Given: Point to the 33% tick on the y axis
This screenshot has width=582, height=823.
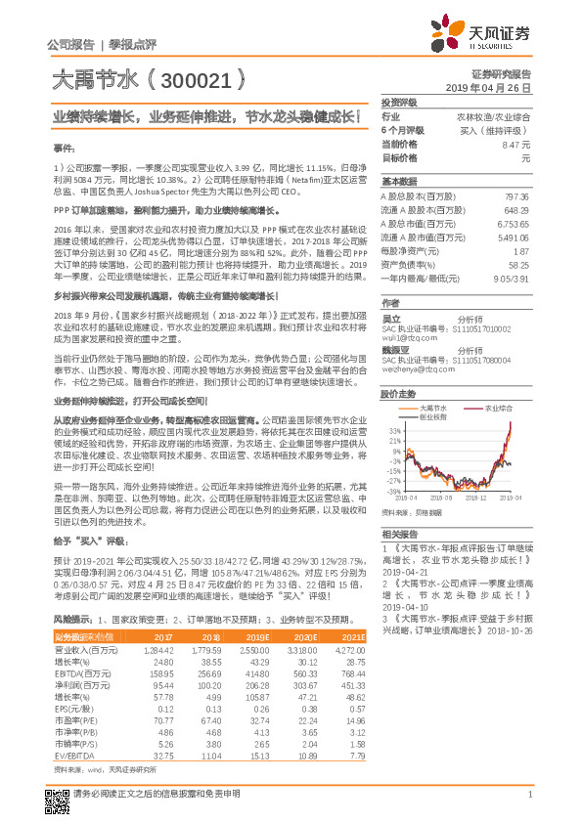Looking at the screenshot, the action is (x=394, y=429).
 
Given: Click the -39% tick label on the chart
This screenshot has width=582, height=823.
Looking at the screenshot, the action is (x=393, y=492).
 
